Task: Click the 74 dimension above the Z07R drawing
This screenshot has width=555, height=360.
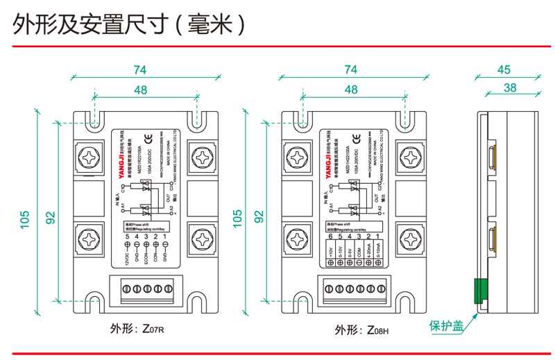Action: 142,69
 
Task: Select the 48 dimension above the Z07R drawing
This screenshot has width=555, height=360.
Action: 142,90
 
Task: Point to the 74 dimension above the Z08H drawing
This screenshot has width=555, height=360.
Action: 350,69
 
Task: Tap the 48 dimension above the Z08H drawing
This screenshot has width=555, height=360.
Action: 350,90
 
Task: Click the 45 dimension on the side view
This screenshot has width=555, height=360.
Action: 504,69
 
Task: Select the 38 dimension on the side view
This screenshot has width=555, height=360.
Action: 511,88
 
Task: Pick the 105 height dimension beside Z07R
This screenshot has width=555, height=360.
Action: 25,219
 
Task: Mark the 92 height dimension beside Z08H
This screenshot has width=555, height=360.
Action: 259,216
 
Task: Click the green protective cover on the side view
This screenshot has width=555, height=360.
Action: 478,291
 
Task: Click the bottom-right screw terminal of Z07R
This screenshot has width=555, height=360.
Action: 203,239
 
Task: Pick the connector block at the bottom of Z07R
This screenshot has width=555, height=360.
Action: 146,286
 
